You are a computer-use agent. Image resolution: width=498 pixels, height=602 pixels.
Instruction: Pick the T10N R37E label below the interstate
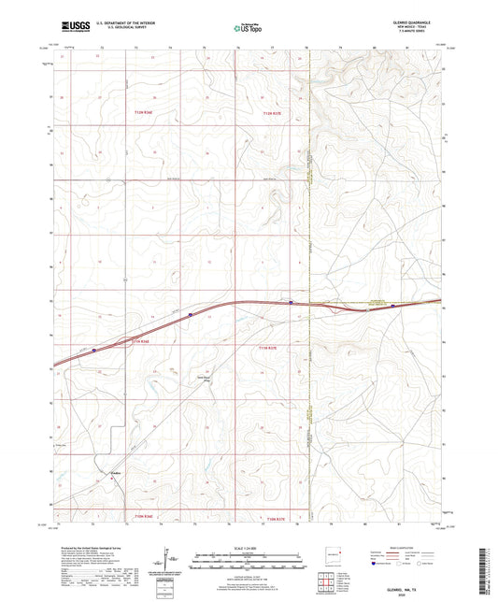coord(268,346)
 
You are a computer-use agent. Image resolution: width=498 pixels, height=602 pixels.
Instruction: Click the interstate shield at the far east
coord(392,305)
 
